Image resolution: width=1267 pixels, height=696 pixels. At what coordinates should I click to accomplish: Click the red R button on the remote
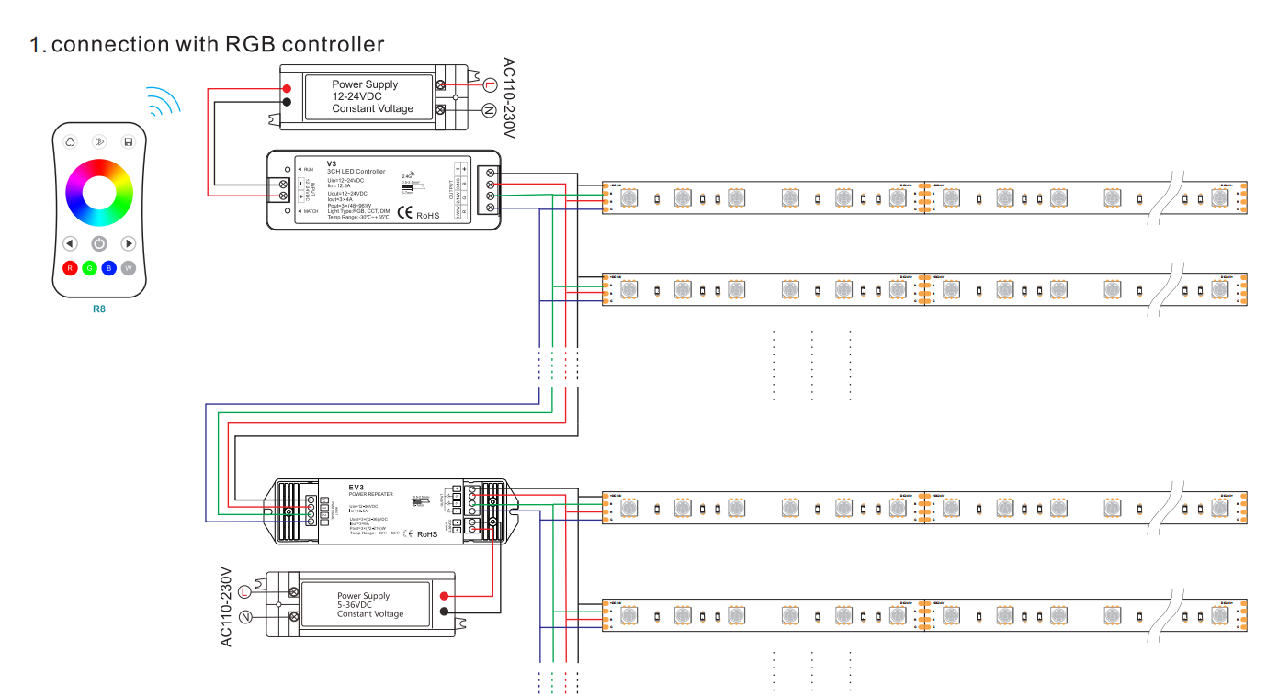[70, 268]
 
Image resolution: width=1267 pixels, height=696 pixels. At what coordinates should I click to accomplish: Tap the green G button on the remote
[89, 268]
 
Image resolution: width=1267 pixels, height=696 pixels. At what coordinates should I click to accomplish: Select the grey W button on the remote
[129, 268]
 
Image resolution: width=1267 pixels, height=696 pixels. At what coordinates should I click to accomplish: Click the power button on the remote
[99, 243]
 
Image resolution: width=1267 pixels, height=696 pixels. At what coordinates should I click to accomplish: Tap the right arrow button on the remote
[129, 243]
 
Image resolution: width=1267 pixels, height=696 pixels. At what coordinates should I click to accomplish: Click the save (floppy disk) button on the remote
[129, 141]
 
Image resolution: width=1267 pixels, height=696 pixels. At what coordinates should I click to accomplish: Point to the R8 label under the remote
[99, 309]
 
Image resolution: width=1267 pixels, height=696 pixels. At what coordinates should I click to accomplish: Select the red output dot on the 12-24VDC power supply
[287, 88]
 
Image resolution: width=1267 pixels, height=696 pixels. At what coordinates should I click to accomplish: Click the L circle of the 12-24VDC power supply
[490, 85]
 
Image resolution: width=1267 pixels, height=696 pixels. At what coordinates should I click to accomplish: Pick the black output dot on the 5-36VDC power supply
[445, 612]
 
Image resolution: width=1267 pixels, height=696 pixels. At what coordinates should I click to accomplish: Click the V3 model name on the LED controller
[332, 163]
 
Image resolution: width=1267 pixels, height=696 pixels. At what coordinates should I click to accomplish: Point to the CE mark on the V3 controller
[404, 214]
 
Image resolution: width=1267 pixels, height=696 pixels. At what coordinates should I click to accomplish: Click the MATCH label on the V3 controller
[312, 211]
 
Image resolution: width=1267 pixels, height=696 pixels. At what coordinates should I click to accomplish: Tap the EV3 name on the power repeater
[357, 487]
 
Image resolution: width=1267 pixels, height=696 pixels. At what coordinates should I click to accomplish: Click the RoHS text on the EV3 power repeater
[428, 533]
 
